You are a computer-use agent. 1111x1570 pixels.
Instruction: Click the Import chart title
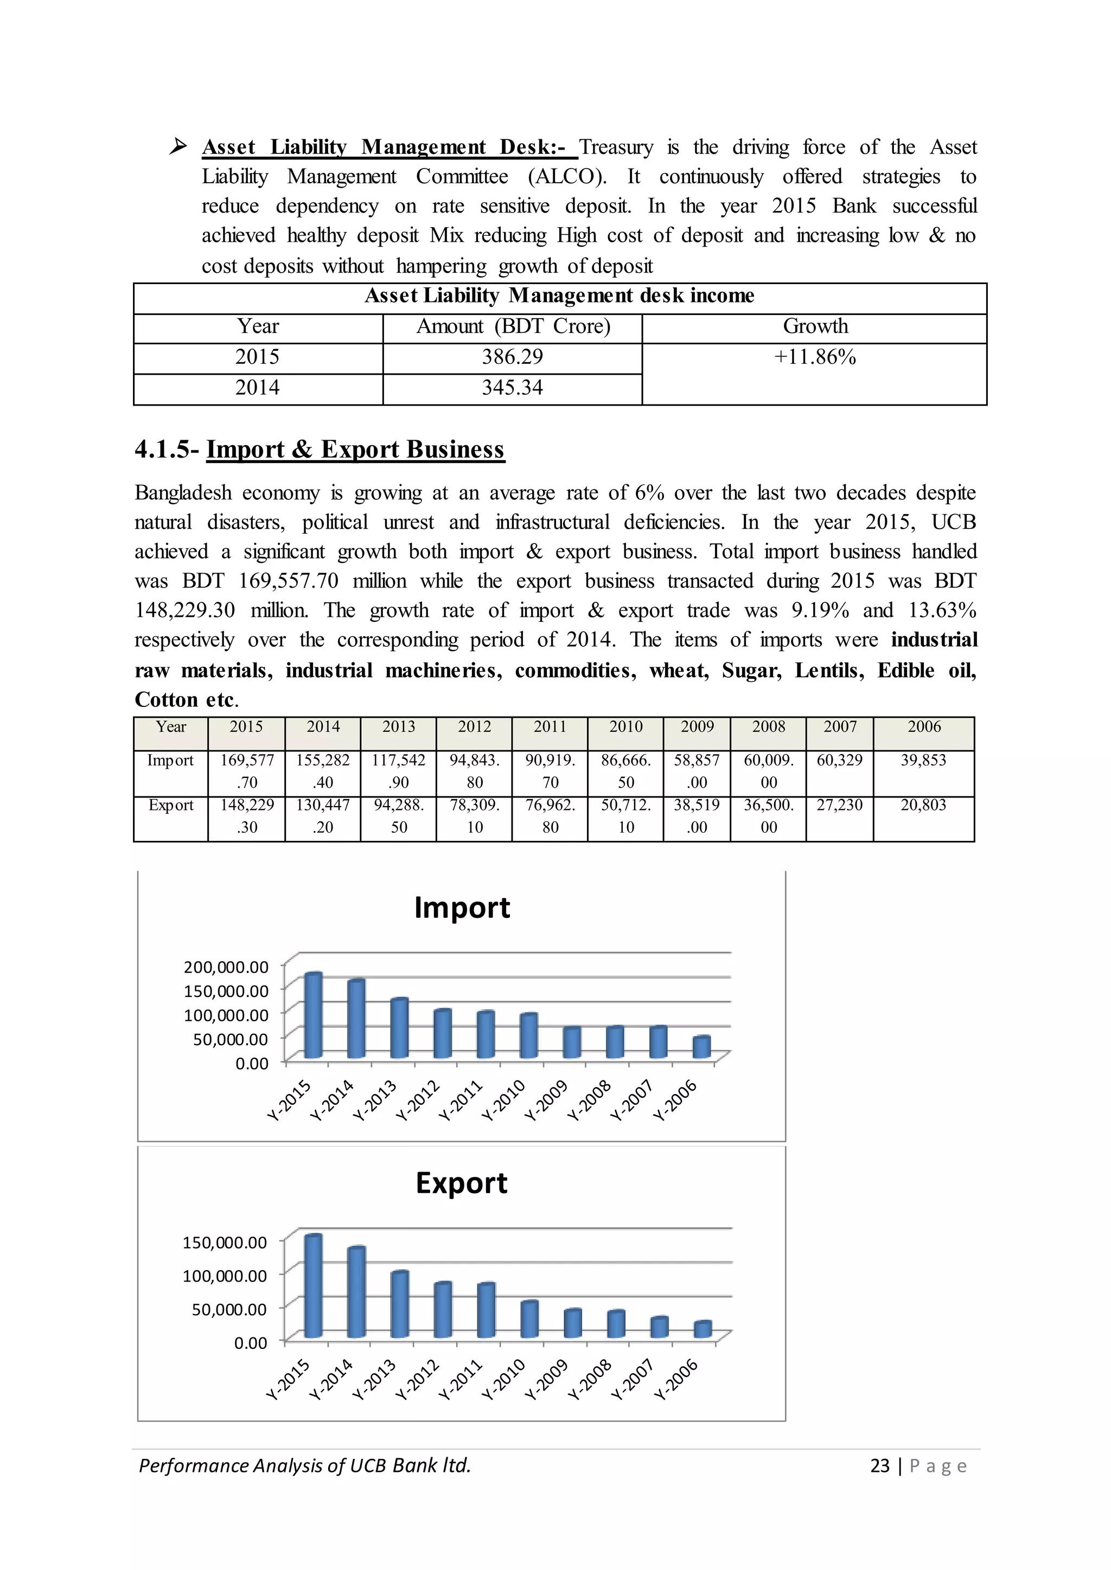(x=462, y=908)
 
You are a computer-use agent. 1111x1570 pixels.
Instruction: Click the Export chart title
(x=461, y=1183)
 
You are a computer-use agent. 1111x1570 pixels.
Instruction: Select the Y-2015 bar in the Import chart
(x=314, y=1016)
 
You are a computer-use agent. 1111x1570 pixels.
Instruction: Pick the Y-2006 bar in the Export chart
(x=703, y=1329)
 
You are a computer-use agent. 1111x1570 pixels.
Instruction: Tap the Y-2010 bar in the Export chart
(x=529, y=1319)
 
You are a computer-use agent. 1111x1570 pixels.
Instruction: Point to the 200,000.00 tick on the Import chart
(x=226, y=967)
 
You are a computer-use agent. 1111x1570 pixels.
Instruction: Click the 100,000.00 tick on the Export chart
(x=225, y=1275)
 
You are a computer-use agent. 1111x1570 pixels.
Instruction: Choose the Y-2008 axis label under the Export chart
(x=589, y=1379)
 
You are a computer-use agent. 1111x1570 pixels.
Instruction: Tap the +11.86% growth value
(x=814, y=357)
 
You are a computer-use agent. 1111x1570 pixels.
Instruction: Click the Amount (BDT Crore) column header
(x=513, y=326)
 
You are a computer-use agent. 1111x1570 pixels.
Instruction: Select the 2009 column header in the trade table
(x=697, y=727)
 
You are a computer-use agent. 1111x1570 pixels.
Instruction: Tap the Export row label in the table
(x=170, y=806)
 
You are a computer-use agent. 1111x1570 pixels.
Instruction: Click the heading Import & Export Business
(x=355, y=449)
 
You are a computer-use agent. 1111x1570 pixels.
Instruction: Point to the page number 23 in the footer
(x=879, y=1466)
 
